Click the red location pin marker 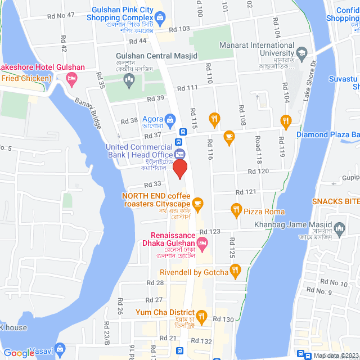coord(179,169)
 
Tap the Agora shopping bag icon coord(171,119)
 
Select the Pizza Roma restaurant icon coord(236,211)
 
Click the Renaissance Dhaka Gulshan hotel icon coord(202,242)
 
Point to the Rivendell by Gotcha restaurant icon coord(236,272)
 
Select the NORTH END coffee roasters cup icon coord(197,202)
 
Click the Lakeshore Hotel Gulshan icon coord(71,79)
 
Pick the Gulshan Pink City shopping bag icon coord(160,17)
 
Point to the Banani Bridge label coord(89,115)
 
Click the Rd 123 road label coord(210,232)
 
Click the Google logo coord(19,353)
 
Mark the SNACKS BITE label coord(336,202)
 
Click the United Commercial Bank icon coord(179,152)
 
